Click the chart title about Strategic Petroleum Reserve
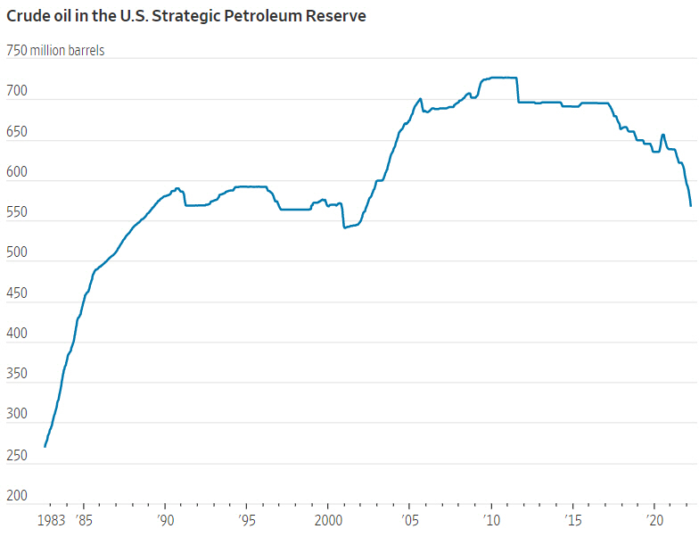(x=186, y=16)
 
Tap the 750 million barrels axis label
(x=55, y=51)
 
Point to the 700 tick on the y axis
(x=17, y=92)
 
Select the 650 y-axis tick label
(x=17, y=133)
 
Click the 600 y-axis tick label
(x=17, y=173)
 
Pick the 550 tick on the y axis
(x=17, y=213)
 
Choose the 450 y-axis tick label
(x=17, y=294)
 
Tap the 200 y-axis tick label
(x=17, y=496)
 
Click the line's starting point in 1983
(x=45, y=446)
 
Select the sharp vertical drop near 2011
(x=518, y=90)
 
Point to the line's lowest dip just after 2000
(x=344, y=227)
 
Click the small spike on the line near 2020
(x=662, y=135)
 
